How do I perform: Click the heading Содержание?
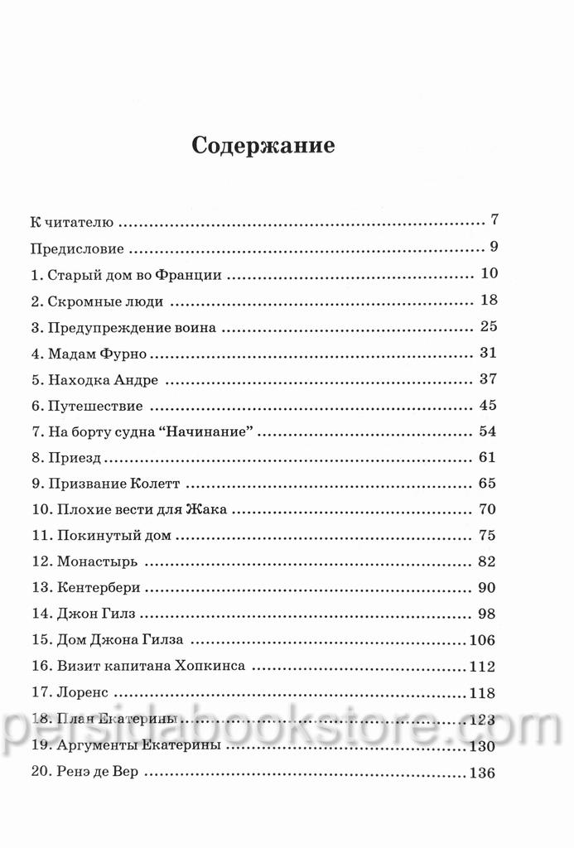click(x=263, y=147)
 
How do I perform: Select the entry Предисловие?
click(x=77, y=248)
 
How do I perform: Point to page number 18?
click(x=487, y=301)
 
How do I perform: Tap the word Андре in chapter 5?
click(x=135, y=380)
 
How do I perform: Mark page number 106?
click(x=481, y=640)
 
